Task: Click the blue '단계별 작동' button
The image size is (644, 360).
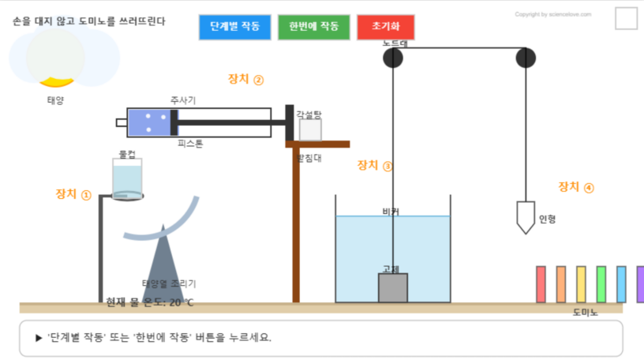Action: coord(234,27)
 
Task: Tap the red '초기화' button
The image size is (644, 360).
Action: coord(385,27)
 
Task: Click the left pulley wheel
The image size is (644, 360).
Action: coord(393,58)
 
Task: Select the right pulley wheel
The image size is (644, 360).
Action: coord(526,58)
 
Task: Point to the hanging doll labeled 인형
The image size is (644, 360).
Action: coord(526,216)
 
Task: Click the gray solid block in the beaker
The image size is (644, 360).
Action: coord(393,287)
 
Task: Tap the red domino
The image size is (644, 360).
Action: coord(541,284)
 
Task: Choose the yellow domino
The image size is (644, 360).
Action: coord(581,284)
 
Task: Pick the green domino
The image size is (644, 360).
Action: coord(601,284)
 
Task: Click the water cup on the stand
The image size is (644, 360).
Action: coord(127,178)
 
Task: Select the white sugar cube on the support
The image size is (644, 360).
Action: coord(309,129)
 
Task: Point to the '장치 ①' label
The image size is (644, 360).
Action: coord(73,194)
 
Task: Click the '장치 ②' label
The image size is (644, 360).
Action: coord(245,79)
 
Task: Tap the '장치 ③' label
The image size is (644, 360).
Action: coord(375,166)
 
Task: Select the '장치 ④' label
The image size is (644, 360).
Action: coord(576,187)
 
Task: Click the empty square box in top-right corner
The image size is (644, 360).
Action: coord(626,18)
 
